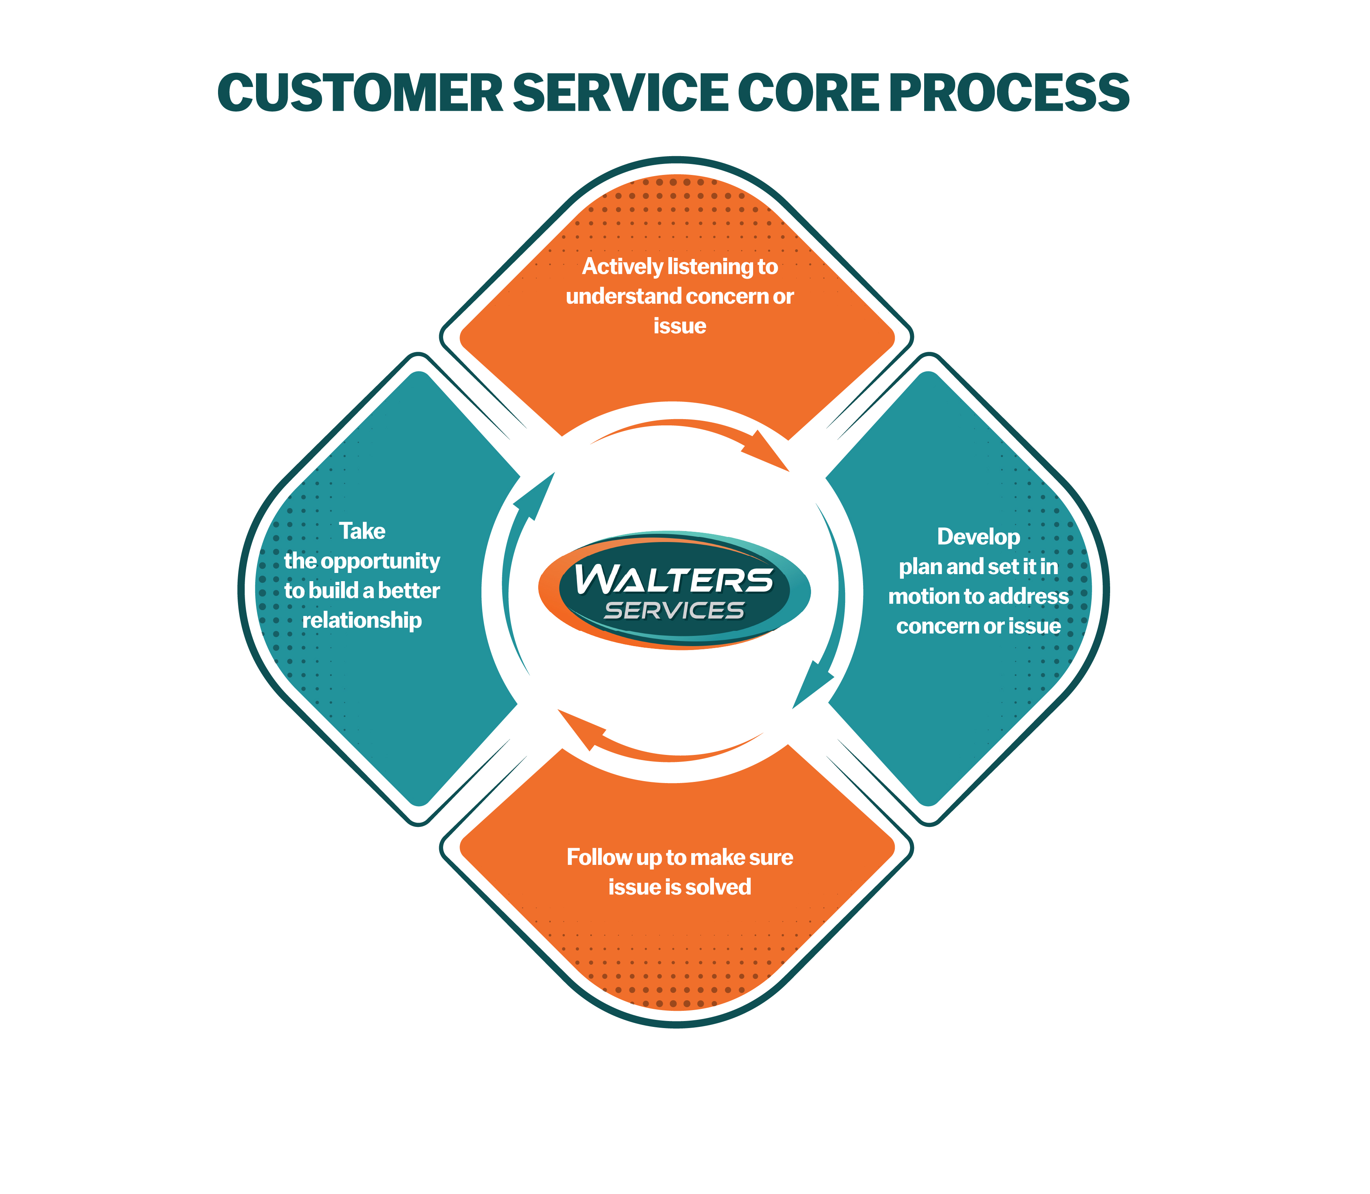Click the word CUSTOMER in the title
pos(360,93)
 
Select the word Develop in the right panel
pos(978,537)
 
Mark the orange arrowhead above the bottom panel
pos(580,727)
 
